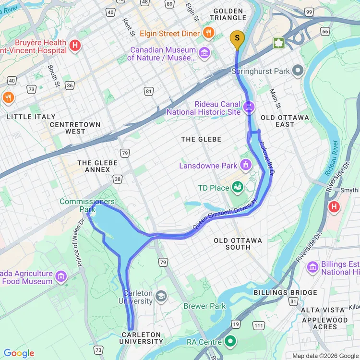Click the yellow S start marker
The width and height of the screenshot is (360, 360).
(237, 38)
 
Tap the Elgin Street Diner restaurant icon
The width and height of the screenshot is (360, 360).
(208, 33)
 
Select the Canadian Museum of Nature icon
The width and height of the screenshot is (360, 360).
(204, 52)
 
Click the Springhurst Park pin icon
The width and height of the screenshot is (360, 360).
(298, 72)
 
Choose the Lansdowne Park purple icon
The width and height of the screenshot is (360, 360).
(246, 165)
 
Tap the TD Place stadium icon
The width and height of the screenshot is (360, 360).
(238, 188)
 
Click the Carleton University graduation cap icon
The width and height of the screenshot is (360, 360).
(161, 295)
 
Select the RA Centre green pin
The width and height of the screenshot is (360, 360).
(231, 341)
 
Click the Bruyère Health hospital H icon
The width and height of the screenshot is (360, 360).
(75, 46)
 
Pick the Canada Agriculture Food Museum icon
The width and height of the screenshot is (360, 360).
(61, 276)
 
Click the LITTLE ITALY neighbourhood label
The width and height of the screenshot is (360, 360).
(31, 117)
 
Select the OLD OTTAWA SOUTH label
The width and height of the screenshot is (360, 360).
(238, 244)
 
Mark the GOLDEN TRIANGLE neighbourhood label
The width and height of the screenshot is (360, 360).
(229, 14)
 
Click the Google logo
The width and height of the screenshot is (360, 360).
(19, 353)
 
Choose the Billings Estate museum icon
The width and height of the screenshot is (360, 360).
(313, 267)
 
